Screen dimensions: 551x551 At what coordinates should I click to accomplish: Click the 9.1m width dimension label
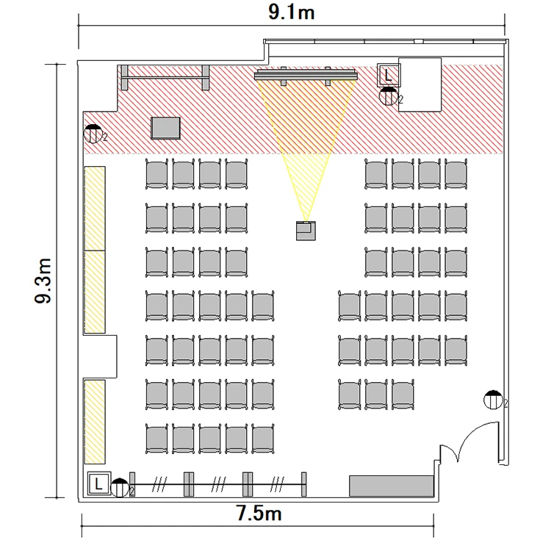[292, 12]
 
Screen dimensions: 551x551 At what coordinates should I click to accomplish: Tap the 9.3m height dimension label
[43, 281]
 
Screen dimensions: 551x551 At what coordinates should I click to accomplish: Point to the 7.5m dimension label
[259, 513]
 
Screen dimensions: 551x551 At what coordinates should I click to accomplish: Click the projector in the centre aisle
[306, 231]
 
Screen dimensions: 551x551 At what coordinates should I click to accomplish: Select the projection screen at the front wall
[306, 75]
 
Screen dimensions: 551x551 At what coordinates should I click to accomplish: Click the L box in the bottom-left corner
[98, 483]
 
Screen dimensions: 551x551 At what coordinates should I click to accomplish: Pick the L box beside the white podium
[389, 75]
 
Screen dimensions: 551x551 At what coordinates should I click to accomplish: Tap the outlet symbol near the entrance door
[493, 400]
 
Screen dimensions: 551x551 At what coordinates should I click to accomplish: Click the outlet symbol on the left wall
[93, 134]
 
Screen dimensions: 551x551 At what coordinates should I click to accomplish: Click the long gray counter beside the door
[391, 486]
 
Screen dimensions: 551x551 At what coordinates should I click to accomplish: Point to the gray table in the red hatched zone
[165, 128]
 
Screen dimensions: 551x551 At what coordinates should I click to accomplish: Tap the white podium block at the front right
[420, 84]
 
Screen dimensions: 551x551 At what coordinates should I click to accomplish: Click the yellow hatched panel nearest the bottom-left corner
[95, 422]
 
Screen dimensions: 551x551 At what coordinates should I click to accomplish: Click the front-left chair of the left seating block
[156, 174]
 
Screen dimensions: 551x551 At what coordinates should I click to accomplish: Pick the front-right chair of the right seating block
[455, 174]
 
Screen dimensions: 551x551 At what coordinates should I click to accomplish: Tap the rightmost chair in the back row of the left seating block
[263, 439]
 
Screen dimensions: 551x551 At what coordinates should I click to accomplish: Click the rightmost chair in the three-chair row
[403, 395]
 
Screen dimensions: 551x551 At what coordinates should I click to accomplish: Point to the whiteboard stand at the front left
[165, 77]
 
